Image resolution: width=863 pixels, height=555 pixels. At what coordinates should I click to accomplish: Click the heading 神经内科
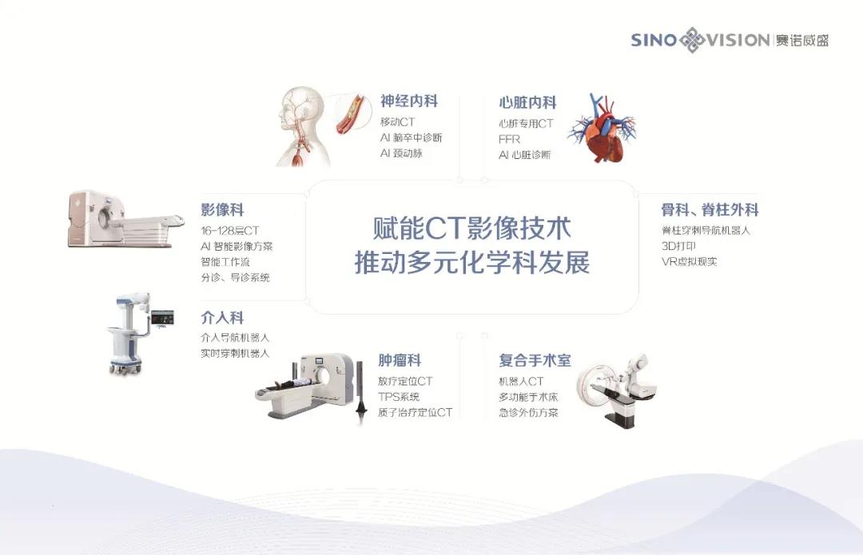[x=409, y=101]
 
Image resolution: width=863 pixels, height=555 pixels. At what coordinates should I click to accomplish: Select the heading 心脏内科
[x=527, y=103]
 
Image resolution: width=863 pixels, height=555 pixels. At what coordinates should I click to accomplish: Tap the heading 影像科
[x=222, y=209]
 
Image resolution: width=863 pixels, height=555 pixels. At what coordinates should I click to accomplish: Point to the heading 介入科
[x=222, y=317]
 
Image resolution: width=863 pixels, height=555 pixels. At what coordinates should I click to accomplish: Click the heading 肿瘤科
[x=400, y=360]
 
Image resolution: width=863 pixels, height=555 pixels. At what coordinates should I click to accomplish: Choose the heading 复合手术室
[x=535, y=360]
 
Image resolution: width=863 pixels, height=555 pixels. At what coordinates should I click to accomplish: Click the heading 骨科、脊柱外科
[x=710, y=209]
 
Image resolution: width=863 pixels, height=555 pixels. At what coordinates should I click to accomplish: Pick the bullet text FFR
[x=509, y=139]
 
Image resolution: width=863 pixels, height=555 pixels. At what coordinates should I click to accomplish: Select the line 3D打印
[x=678, y=246]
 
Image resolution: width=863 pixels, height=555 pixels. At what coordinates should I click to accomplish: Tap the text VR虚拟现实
[x=689, y=262]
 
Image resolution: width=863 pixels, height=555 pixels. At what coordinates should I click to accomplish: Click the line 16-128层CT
[x=229, y=231]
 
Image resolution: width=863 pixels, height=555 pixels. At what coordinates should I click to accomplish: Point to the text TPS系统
[x=399, y=397]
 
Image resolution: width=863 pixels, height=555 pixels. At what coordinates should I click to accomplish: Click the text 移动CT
[x=397, y=121]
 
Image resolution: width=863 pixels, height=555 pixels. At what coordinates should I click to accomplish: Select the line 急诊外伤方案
[x=528, y=413]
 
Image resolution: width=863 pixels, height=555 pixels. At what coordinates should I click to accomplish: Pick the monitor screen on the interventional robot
[x=162, y=317]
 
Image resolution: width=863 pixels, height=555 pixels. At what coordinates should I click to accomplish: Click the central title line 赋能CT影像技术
[x=472, y=228]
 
